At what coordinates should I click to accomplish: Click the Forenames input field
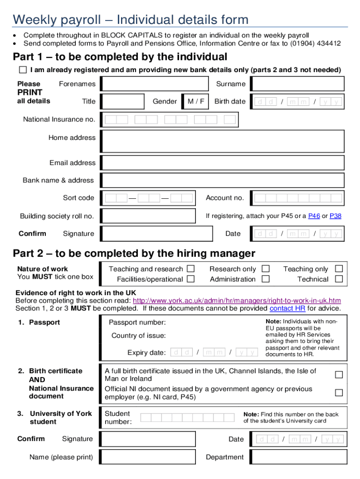[x=155, y=84]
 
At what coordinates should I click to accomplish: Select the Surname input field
[x=297, y=84]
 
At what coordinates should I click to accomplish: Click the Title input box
[x=123, y=102]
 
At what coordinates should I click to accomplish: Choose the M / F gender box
[x=196, y=102]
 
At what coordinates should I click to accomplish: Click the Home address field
[x=223, y=141]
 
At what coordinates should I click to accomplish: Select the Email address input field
[x=223, y=163]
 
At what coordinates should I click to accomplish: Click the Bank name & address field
[x=223, y=180]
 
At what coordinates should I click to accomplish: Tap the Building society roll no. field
[x=149, y=216]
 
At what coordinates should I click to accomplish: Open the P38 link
[x=335, y=216]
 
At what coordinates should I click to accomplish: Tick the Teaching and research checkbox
[x=191, y=269]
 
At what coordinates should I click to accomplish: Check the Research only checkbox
[x=266, y=269]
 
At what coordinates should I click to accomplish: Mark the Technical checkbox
[x=339, y=279]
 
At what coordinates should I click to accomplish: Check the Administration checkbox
[x=266, y=279]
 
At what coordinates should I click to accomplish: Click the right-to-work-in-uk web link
[x=237, y=300]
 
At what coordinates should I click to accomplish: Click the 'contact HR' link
[x=288, y=308]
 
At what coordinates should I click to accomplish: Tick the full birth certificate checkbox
[x=339, y=375]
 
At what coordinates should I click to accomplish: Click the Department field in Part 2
[x=297, y=457]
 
